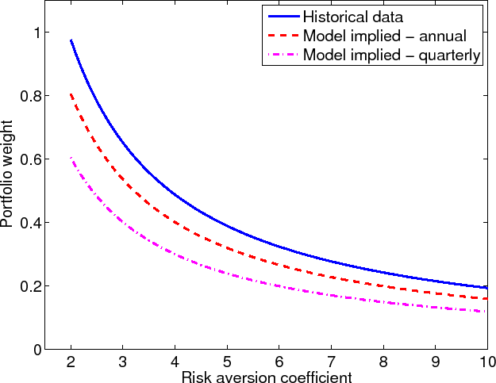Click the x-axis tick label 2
coord(71,361)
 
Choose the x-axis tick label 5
coord(228,361)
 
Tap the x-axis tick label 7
coord(332,361)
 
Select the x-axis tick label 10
coord(486,361)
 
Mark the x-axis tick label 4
coord(175,361)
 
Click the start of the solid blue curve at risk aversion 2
coord(71,40)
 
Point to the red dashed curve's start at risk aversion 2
coord(71,94)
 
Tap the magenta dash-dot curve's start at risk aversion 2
coord(71,158)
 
